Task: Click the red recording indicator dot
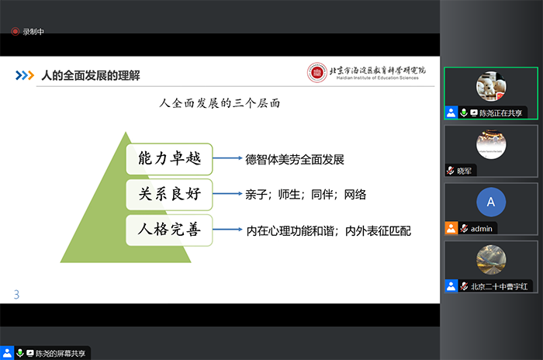click(15, 32)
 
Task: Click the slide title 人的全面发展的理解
click(91, 75)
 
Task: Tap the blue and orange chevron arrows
click(25, 75)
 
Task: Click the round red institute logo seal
click(316, 73)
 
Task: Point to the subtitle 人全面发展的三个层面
click(220, 103)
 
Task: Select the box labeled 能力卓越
click(169, 159)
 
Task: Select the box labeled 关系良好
click(169, 194)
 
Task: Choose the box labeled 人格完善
click(169, 230)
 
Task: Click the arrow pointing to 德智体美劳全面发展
click(227, 158)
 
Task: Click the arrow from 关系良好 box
click(227, 194)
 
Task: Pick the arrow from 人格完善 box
click(227, 230)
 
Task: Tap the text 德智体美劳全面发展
click(295, 159)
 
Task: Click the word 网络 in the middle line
click(355, 195)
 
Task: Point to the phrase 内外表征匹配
click(379, 230)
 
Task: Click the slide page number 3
click(16, 295)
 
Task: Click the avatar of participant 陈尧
click(491, 86)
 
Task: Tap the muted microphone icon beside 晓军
click(450, 171)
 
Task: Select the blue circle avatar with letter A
click(491, 202)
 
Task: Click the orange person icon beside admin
click(451, 228)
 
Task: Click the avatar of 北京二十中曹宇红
click(491, 260)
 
